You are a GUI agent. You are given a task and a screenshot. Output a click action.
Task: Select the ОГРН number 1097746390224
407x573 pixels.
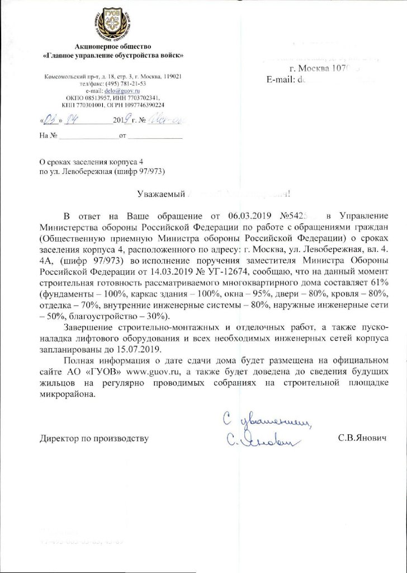[139, 104]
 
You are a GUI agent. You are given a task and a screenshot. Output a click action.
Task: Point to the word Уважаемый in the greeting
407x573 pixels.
[158, 194]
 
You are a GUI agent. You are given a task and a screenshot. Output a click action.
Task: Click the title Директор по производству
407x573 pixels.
[94, 438]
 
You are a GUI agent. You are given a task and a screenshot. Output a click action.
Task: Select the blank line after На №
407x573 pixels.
[88, 136]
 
